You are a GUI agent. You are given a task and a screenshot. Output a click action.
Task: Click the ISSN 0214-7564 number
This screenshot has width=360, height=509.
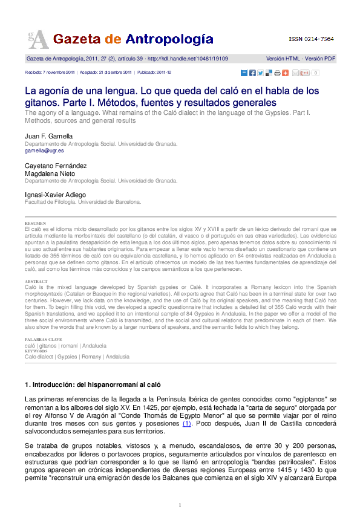pyautogui.click(x=311, y=39)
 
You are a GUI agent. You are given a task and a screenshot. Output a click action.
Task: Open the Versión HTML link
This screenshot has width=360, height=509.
pyautogui.click(x=283, y=59)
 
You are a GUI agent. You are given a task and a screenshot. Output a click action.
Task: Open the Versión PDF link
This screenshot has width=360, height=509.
pyautogui.click(x=320, y=59)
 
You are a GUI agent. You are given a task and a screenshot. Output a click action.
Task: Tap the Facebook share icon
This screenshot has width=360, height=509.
pyautogui.click(x=252, y=73)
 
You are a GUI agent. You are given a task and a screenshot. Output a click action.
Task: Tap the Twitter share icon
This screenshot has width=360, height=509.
pyautogui.click(x=260, y=73)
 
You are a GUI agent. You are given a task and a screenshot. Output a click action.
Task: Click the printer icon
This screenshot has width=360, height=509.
pyautogui.click(x=277, y=73)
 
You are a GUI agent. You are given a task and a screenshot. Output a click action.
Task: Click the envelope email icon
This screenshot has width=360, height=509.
pyautogui.click(x=295, y=73)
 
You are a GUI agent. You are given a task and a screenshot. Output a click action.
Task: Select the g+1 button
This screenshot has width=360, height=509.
pyautogui.click(x=305, y=73)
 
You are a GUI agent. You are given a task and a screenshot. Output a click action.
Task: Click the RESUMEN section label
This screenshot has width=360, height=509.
pyautogui.click(x=34, y=223)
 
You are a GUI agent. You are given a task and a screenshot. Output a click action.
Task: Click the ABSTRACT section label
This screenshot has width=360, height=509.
pyautogui.click(x=35, y=282)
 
